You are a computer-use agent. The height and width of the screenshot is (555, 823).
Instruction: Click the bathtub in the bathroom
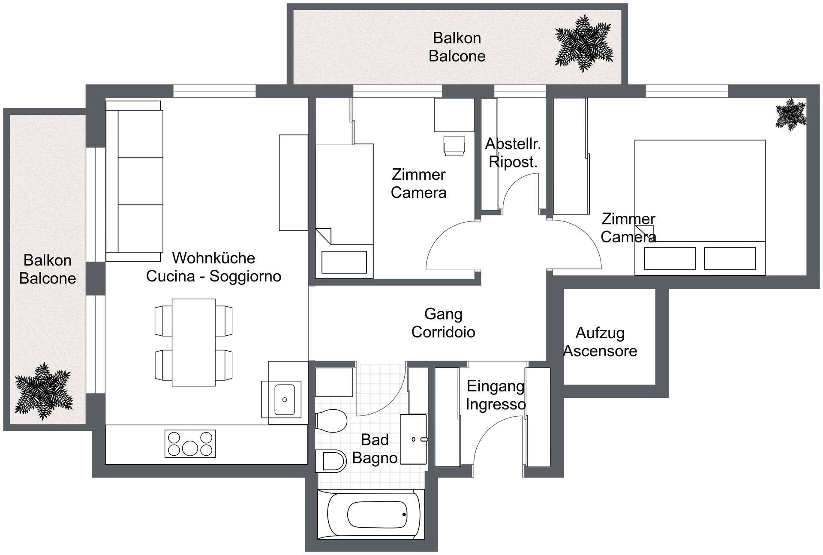click(x=371, y=514)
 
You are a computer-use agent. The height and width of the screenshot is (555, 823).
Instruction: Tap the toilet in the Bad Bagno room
click(x=331, y=421)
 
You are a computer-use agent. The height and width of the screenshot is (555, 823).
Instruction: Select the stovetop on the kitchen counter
click(x=190, y=444)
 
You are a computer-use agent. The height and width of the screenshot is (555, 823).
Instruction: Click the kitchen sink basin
click(x=284, y=400)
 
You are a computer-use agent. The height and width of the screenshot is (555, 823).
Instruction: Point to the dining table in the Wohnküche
click(x=194, y=343)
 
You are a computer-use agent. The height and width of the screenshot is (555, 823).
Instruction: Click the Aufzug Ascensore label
click(x=600, y=342)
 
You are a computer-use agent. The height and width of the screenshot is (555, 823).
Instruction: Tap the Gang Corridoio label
click(x=443, y=323)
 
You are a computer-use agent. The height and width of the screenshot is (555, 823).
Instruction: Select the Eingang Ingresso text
click(x=496, y=395)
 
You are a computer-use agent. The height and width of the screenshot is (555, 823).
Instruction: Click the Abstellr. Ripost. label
click(x=513, y=153)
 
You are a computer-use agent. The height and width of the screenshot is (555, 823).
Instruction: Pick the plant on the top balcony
click(x=584, y=43)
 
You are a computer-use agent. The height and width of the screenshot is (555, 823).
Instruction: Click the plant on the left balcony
click(x=43, y=391)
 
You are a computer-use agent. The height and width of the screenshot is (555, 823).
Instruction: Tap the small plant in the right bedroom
click(x=791, y=114)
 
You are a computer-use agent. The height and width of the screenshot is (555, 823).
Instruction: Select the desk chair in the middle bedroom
click(x=454, y=146)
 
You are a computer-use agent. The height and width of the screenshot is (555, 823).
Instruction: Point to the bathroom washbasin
click(x=414, y=439)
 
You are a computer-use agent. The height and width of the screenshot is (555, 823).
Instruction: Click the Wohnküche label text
click(x=213, y=258)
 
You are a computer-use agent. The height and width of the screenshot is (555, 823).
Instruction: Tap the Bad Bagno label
click(x=375, y=449)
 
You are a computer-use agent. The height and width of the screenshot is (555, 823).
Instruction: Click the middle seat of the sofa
click(x=140, y=181)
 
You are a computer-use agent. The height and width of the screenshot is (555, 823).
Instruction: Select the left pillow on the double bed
click(x=670, y=258)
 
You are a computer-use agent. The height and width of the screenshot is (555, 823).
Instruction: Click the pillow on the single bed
click(x=344, y=262)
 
